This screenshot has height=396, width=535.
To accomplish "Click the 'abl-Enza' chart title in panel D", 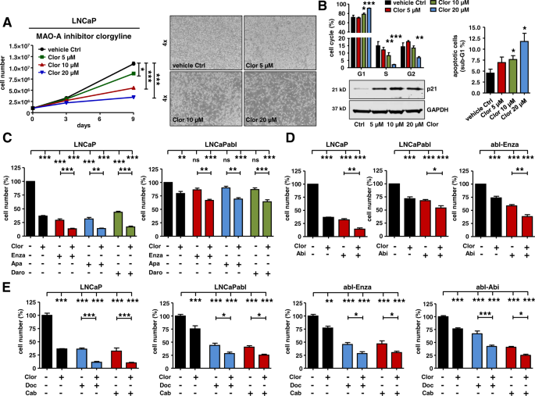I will point(483,148).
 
